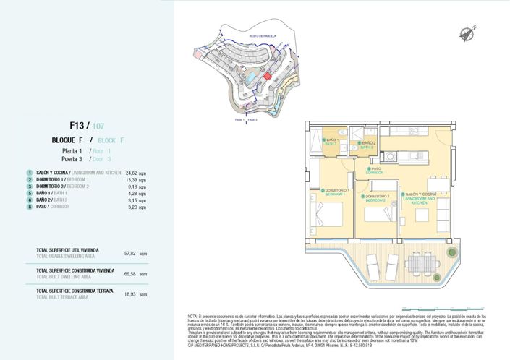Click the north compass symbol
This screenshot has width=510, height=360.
pyautogui.click(x=464, y=30)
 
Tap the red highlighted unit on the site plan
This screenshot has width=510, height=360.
pyautogui.click(x=266, y=75)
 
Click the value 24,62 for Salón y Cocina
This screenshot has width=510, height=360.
pyautogui.click(x=131, y=173)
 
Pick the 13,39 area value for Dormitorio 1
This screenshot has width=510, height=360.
pyautogui.click(x=131, y=180)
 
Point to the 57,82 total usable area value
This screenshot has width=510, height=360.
pyautogui.click(x=130, y=254)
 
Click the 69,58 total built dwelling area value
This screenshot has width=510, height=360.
pyautogui.click(x=130, y=274)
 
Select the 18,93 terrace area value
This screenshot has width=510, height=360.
pyautogui.click(x=130, y=294)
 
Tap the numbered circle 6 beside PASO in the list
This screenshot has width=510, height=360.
pyautogui.click(x=30, y=207)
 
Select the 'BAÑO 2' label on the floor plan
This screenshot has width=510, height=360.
pyautogui.click(x=369, y=143)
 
